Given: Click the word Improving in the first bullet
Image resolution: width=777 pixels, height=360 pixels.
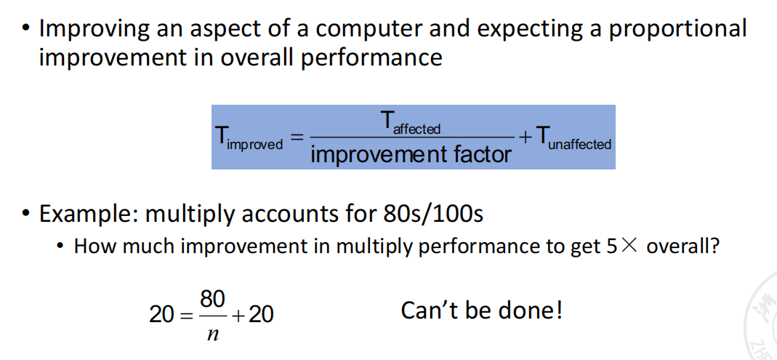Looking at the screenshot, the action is [x=94, y=29].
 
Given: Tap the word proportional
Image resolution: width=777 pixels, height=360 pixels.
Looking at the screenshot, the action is [x=677, y=29].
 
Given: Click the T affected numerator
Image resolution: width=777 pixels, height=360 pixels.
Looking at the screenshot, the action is [x=410, y=122].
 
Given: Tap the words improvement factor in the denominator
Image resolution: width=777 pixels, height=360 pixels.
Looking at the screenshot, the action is [x=411, y=155].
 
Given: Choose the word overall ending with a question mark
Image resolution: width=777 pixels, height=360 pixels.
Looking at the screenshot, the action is [x=683, y=246].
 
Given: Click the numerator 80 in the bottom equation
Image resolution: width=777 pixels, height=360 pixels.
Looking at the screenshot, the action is [x=212, y=300].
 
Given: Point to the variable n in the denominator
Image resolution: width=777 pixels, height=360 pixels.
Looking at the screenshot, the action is [x=212, y=335].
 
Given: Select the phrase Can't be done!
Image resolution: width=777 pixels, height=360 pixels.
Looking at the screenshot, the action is [x=482, y=311].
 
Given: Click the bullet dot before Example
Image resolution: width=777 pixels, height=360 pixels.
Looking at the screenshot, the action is [x=25, y=214].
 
